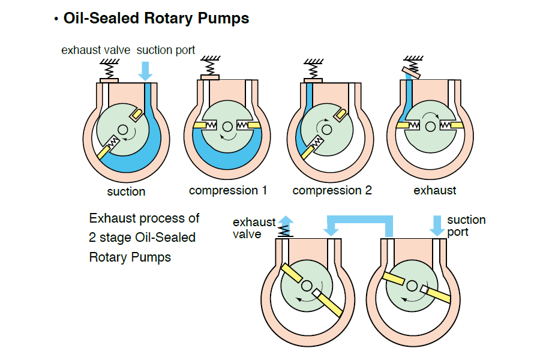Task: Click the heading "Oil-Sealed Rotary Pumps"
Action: point(156,19)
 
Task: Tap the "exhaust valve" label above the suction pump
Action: point(95,50)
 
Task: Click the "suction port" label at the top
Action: point(166,50)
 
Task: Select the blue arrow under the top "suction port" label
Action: point(145,71)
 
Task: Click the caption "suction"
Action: point(126,192)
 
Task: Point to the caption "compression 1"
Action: point(228,191)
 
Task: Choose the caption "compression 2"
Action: point(332,191)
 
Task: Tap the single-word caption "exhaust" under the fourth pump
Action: point(435,191)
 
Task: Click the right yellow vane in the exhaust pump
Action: point(455,124)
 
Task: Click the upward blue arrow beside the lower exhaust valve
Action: point(286,224)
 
